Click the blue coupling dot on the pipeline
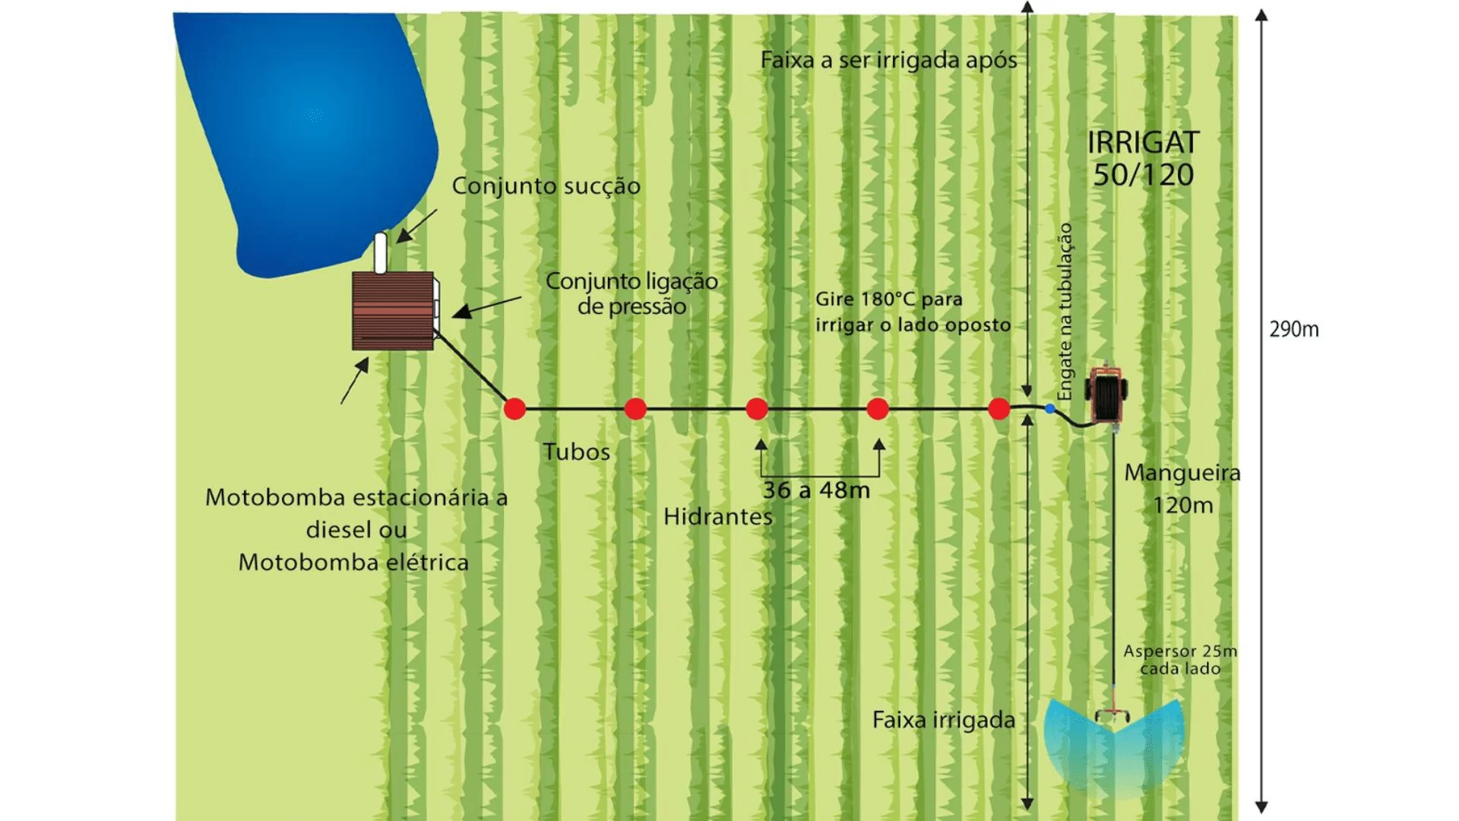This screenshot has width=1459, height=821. click(x=1049, y=409)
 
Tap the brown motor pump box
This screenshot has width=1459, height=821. click(x=393, y=311)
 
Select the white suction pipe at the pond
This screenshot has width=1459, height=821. click(x=381, y=252)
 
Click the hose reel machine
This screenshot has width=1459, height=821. click(x=1106, y=394)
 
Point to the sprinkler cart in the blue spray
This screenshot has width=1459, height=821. click(x=1112, y=715)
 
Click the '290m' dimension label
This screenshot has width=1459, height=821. click(x=1294, y=330)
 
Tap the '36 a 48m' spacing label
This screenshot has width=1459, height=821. click(x=816, y=490)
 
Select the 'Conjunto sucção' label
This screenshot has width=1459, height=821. click(x=546, y=186)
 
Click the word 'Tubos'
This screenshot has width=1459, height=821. click(x=577, y=452)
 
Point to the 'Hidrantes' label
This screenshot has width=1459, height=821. click(x=717, y=517)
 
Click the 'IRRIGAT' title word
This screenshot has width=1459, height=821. click(x=1143, y=143)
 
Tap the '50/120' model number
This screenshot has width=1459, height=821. click(x=1143, y=176)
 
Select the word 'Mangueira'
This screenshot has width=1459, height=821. click(x=1182, y=473)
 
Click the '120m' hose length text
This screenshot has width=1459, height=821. click(x=1182, y=506)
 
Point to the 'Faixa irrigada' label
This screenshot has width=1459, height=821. click(x=943, y=720)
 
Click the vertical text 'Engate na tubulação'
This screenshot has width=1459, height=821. click(x=1065, y=312)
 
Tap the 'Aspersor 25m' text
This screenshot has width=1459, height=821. click(x=1180, y=651)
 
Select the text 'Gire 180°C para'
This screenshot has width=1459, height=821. click(x=888, y=300)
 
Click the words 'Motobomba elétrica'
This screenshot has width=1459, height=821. click(x=353, y=563)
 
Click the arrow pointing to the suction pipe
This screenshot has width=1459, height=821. click(x=416, y=227)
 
